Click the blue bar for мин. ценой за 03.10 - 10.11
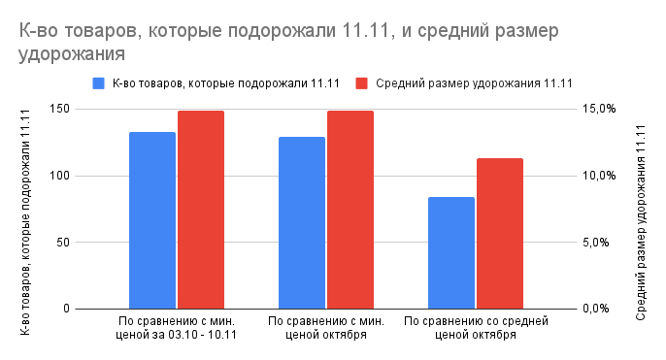tap(151, 220)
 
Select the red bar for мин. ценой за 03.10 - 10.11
tap(200, 210)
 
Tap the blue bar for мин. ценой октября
tap(302, 223)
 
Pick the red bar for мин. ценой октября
tap(350, 210)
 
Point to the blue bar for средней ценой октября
tap(451, 253)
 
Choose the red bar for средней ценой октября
tap(500, 234)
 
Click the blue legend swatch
tap(98, 82)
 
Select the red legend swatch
tap(362, 82)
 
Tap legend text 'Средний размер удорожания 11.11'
tap(474, 82)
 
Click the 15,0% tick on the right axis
tap(599, 109)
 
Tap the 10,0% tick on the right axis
tap(599, 176)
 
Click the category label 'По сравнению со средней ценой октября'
tap(476, 327)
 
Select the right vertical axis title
tap(641, 210)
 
